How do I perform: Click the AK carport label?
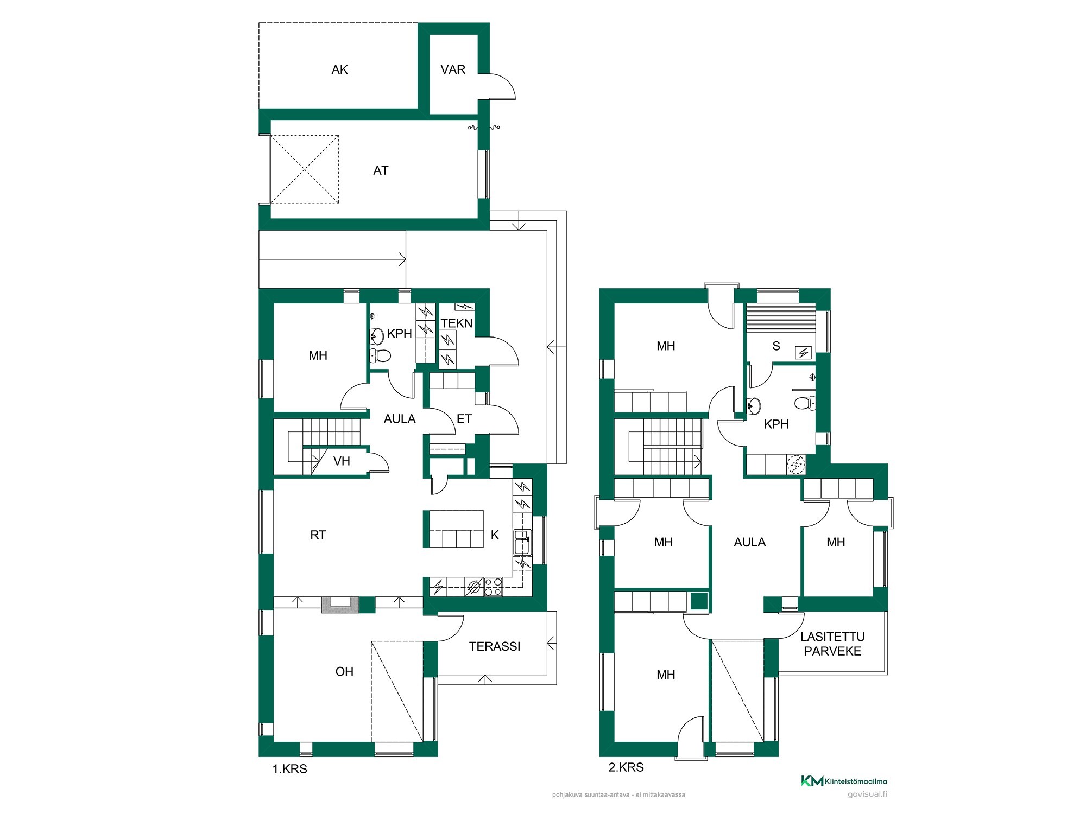pos(339,69)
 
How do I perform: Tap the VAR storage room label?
pos(453,69)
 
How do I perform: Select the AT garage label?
pos(381,170)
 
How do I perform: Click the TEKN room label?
pos(457,323)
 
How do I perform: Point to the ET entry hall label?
pos(464,418)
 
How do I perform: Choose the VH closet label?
pos(342,461)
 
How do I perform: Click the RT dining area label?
pos(318,535)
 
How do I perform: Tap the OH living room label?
pos(344,671)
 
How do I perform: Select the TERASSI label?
pos(495,646)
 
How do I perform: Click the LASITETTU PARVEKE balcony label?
pos(832,644)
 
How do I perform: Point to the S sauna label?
pos(776,346)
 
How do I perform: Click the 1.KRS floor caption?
pos(290,769)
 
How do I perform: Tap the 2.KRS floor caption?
pos(626,767)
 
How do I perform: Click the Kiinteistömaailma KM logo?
pos(844,781)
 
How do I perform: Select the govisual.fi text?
pos(867,794)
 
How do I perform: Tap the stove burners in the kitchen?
pos(493,587)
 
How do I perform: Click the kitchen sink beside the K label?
pos(522,542)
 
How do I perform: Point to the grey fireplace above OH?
pos(340,605)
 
